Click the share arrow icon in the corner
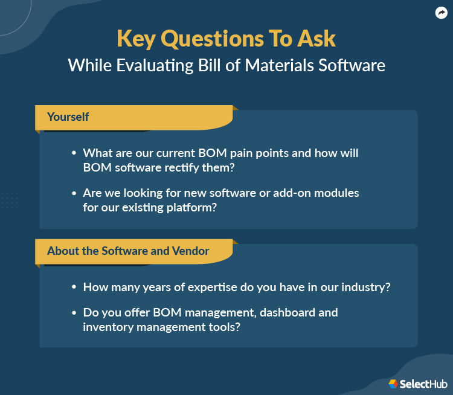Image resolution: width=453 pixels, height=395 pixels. [x=441, y=13]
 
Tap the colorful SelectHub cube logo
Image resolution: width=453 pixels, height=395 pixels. [x=393, y=384]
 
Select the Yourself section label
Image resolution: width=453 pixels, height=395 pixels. [x=68, y=117]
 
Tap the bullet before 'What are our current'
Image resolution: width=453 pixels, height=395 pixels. [x=74, y=154]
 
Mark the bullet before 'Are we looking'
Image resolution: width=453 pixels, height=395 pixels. [x=74, y=193]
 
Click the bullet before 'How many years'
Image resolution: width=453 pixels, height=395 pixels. [x=74, y=287]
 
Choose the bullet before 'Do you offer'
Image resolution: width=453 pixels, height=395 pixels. [x=74, y=313]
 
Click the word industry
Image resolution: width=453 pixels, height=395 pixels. [x=364, y=287]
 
